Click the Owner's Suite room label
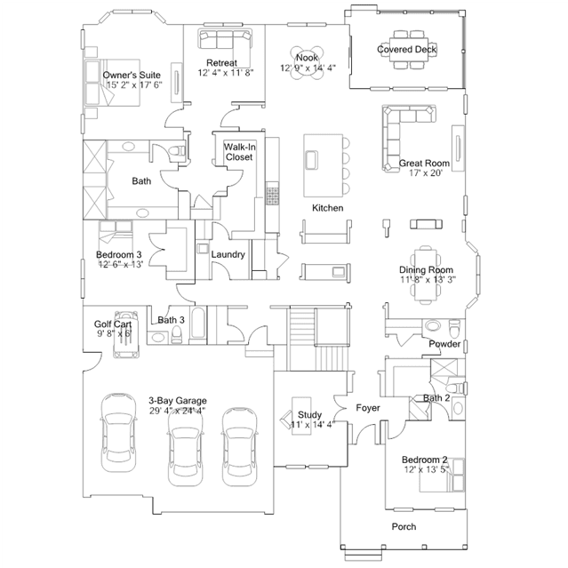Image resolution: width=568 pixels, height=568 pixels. (x=132, y=75)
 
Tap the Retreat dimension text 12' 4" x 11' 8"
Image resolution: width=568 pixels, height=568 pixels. (x=225, y=73)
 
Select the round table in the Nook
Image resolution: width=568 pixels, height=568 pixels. (x=307, y=63)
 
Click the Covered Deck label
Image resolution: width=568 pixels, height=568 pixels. (x=406, y=49)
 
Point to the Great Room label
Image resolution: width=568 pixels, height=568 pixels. (x=424, y=163)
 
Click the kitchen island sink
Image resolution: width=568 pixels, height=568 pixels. (x=311, y=160)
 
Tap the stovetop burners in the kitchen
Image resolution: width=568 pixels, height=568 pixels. (x=272, y=196)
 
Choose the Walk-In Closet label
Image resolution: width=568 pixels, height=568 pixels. (x=239, y=152)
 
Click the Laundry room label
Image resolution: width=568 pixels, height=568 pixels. (x=228, y=254)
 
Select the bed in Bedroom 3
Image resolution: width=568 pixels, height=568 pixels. (x=116, y=232)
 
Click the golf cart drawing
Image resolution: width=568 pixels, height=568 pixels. (x=125, y=334)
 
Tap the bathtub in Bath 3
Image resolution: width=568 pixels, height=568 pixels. (x=198, y=324)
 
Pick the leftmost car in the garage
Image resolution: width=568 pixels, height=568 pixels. (x=119, y=433)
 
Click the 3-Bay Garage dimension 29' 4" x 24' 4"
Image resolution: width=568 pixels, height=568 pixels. (x=177, y=411)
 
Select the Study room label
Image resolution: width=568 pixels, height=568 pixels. (x=309, y=414)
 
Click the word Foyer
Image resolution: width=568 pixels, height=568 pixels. (x=368, y=408)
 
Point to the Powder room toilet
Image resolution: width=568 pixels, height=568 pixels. (x=454, y=328)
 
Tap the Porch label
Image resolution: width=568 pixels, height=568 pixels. (x=404, y=526)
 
